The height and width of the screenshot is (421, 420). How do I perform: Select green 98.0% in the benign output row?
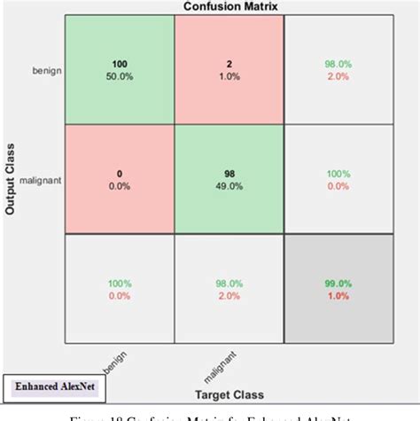click(338, 64)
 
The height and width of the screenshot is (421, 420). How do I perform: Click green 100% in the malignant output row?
click(338, 174)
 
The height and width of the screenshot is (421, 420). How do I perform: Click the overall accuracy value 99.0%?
click(338, 285)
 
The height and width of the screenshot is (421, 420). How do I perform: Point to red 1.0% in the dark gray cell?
click(338, 296)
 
